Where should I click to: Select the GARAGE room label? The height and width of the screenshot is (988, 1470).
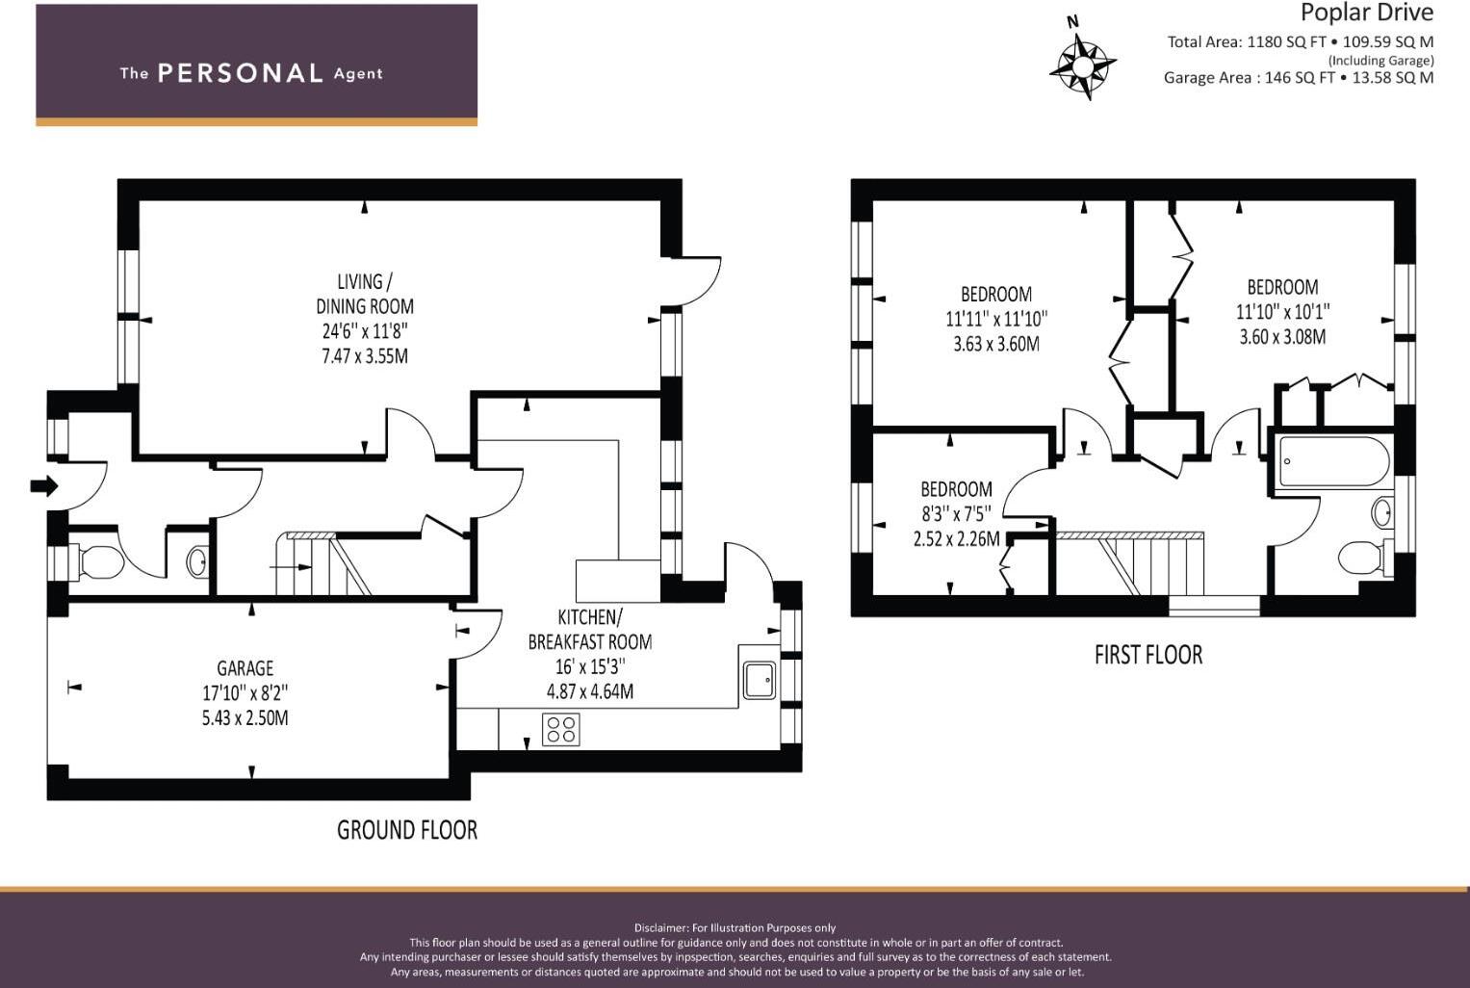(245, 668)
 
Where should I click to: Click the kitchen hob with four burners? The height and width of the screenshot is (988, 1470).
(561, 729)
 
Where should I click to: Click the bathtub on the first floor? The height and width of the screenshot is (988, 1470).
(1333, 462)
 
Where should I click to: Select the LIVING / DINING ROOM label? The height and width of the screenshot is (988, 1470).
(365, 294)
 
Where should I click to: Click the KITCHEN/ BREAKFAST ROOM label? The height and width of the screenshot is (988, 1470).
(589, 629)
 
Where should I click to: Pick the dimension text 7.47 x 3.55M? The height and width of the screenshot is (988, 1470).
(365, 356)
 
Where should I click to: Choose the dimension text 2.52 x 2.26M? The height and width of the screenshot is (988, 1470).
(956, 539)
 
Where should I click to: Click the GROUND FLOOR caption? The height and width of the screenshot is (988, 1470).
(406, 830)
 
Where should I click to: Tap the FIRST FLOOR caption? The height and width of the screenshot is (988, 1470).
(1148, 655)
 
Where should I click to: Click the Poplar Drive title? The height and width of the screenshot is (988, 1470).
(1366, 13)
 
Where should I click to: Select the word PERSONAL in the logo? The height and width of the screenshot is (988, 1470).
(240, 73)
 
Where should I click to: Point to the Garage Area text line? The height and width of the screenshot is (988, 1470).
(1298, 78)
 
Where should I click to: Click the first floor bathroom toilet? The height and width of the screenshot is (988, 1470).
(1360, 557)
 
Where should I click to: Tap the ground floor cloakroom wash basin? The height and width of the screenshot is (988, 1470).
(197, 561)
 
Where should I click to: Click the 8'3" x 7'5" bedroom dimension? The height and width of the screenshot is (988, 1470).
(956, 514)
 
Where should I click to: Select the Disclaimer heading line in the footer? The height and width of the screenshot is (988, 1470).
(735, 928)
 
